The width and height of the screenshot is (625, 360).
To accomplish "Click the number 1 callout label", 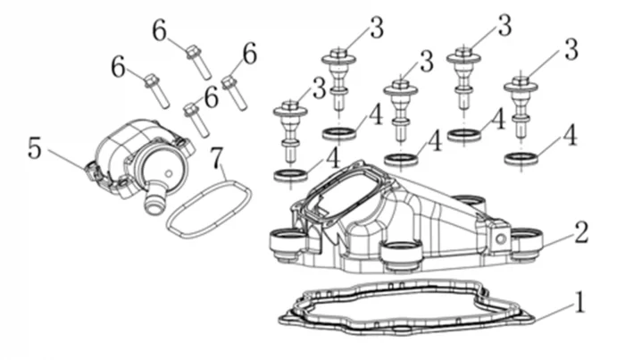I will pos(579,303).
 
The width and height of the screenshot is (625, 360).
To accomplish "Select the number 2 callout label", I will pos(580,234).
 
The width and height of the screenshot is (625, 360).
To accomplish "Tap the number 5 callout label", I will pos(35,147).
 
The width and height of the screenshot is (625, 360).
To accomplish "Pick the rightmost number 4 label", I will pos(568,136).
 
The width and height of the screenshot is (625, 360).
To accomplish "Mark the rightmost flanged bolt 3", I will pos(522,103).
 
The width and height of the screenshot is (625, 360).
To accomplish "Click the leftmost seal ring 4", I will pos(290,172).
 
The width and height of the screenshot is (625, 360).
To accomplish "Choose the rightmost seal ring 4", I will pos(521,158).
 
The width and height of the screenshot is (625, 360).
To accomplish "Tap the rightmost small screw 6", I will pos(235,92).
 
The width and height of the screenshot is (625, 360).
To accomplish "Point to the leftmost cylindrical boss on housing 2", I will pos(287,242).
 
